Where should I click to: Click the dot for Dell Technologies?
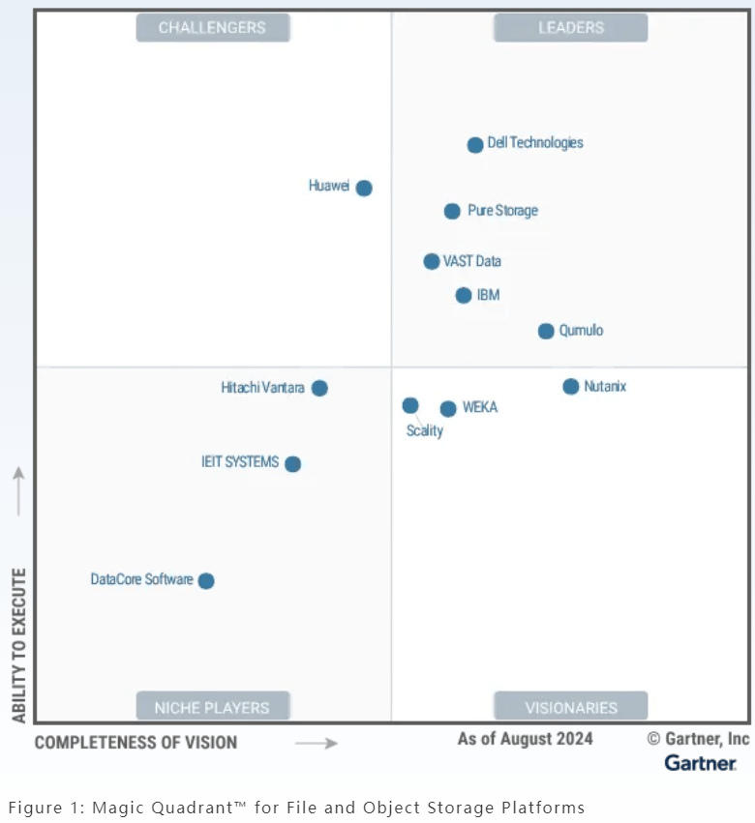pos(475,145)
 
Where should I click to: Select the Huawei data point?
pos(364,188)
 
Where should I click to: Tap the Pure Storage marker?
pos(452,211)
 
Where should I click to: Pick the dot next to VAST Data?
pos(432,261)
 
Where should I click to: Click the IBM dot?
pos(464,295)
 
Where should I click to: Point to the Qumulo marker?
pos(546,331)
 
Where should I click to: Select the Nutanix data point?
pos(571,387)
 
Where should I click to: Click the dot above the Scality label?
pos(410,405)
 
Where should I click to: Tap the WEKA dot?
pos(448,409)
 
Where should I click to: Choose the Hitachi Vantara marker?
pos(319,388)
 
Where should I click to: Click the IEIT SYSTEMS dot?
pos(293,464)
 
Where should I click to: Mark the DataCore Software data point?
pos(206,581)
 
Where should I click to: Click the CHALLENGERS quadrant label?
pos(213,28)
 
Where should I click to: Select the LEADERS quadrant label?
pos(571,28)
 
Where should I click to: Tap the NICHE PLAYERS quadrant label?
pos(213,707)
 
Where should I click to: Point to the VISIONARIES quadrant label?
pos(571,707)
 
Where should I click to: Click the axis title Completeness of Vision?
pos(136,743)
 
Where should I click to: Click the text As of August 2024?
pos(526,739)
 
